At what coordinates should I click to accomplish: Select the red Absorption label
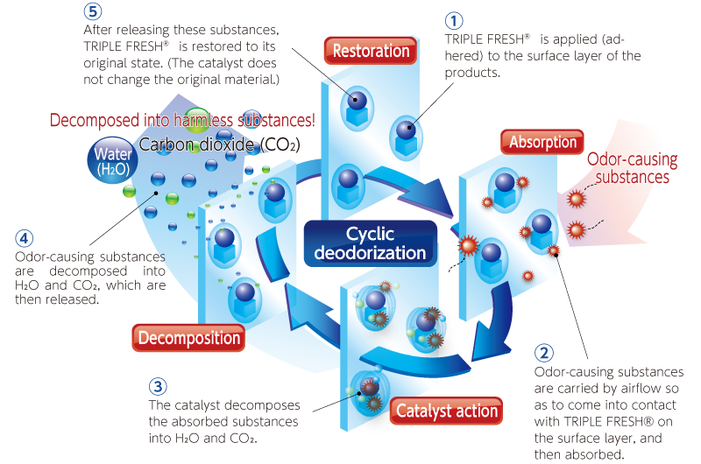(x=543, y=142)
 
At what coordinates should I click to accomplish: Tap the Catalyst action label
(x=447, y=410)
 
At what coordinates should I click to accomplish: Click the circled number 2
(x=543, y=354)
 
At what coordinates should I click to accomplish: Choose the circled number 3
(x=157, y=386)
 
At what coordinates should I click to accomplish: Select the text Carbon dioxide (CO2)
(x=216, y=144)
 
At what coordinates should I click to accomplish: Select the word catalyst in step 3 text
(x=203, y=405)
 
